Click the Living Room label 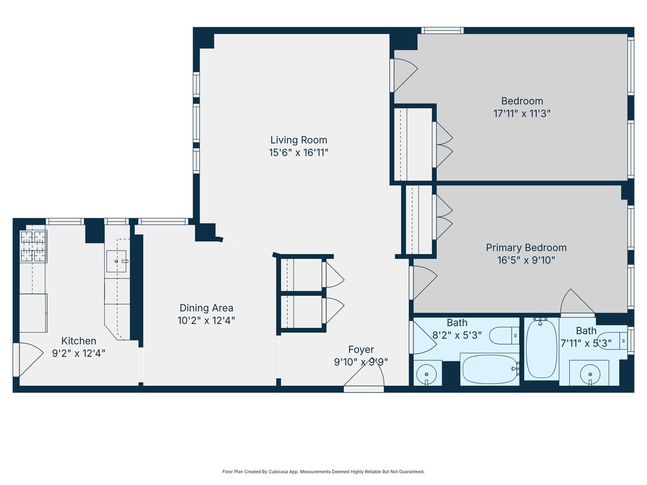[x=299, y=140]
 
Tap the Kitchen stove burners [x=33, y=246]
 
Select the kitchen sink [x=116, y=261]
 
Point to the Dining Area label [x=206, y=308]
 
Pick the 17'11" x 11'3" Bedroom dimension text [x=522, y=114]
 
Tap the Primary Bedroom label [x=526, y=248]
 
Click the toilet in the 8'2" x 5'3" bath [x=504, y=335]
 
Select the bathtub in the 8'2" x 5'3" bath [x=489, y=369]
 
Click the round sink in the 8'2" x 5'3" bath [x=427, y=374]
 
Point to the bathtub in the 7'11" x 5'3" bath [x=541, y=348]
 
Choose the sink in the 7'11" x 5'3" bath [x=590, y=374]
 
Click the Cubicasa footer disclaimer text [x=323, y=471]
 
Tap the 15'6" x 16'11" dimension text [x=299, y=153]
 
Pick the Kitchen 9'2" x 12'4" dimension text [x=79, y=354]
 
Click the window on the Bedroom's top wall [x=442, y=31]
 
